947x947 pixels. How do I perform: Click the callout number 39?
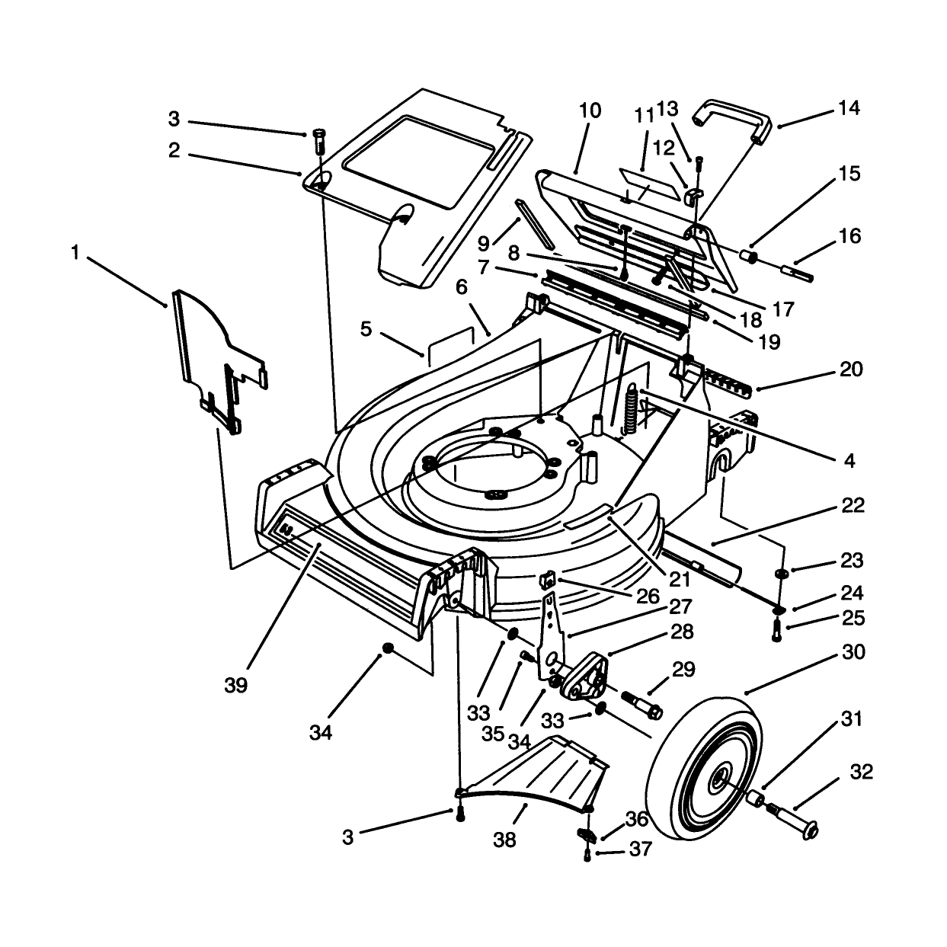pos(235,686)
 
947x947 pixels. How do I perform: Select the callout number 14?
pos(849,107)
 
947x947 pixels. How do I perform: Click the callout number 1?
pos(75,253)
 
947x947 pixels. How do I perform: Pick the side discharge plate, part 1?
pos(219,359)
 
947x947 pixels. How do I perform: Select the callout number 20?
pos(851,369)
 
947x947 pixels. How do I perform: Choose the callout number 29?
pos(683,670)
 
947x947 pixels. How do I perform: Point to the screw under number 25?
pos(776,630)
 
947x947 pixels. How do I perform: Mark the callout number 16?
pos(851,236)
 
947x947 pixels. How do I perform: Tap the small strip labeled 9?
pos(535,223)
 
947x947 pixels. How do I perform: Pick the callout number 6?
pos(462,287)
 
